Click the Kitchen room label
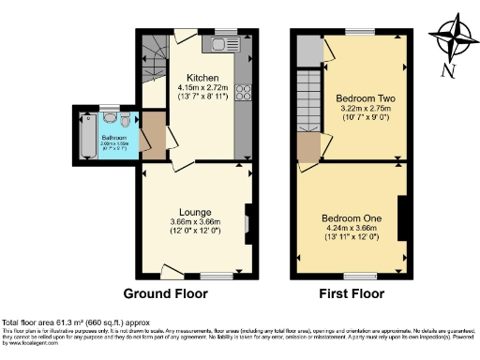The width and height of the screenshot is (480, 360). click(x=202, y=78)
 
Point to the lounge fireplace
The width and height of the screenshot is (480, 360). click(x=247, y=222)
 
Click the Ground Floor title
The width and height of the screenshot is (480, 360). click(x=166, y=293)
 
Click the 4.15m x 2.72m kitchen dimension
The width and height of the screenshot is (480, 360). click(x=202, y=87)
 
